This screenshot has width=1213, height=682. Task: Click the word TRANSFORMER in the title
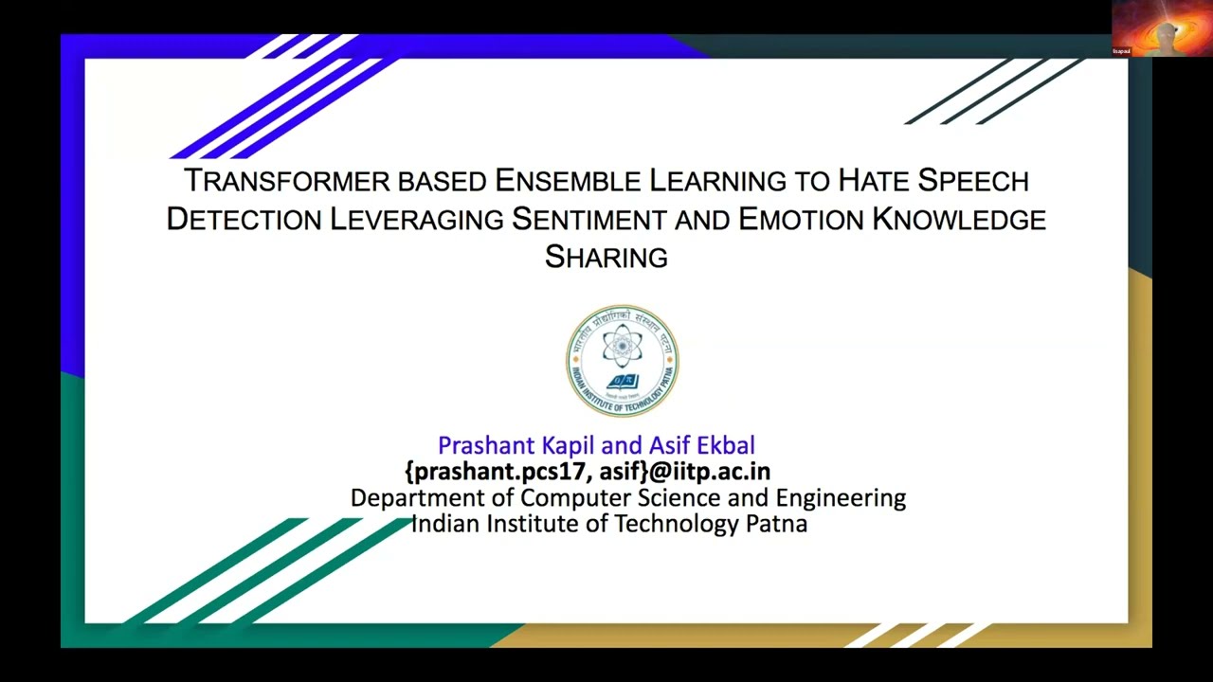pyautogui.click(x=287, y=180)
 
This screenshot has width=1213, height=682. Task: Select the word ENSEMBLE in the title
pyautogui.click(x=568, y=180)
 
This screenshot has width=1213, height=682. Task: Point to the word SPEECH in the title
pyautogui.click(x=973, y=180)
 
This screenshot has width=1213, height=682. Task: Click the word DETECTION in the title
pyautogui.click(x=244, y=219)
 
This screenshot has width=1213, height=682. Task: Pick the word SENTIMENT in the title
pyautogui.click(x=589, y=219)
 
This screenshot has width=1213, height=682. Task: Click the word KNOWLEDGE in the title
pyautogui.click(x=959, y=219)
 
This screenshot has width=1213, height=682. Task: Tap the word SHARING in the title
pyautogui.click(x=606, y=257)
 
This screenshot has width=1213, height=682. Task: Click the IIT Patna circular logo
pyautogui.click(x=623, y=361)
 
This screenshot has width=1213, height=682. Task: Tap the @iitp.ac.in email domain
pyautogui.click(x=710, y=472)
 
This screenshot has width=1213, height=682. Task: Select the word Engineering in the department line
pyautogui.click(x=841, y=498)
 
